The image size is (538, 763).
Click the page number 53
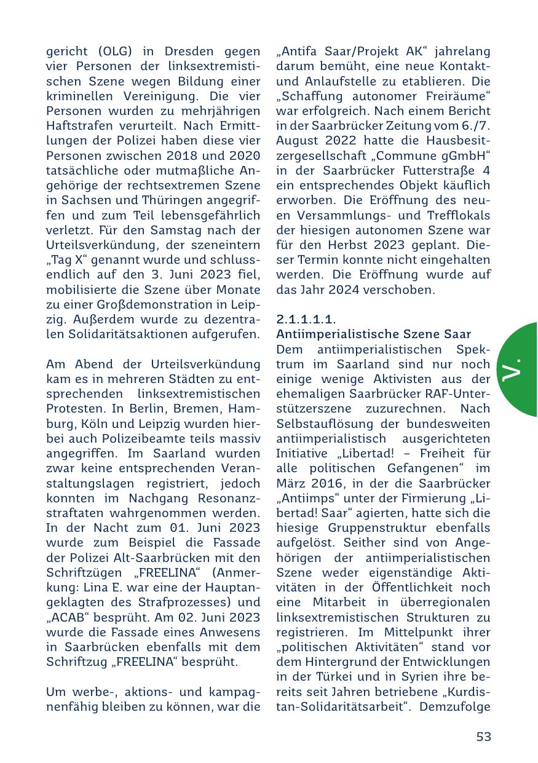pyautogui.click(x=484, y=737)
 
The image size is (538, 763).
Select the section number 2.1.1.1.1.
pyautogui.click(x=306, y=320)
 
